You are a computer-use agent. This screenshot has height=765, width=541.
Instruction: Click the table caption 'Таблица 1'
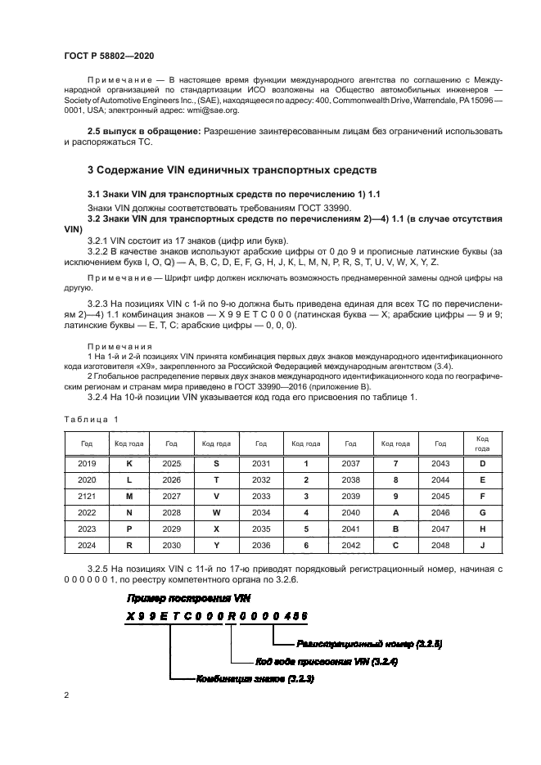coord(91,420)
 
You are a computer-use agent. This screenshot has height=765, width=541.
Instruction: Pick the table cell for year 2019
coord(87,463)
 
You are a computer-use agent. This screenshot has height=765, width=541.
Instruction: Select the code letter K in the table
coord(129,463)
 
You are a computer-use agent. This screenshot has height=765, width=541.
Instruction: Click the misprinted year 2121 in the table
coord(87,496)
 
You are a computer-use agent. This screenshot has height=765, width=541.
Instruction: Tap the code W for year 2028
coord(216,512)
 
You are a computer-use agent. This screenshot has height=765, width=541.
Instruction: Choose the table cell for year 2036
coord(261,545)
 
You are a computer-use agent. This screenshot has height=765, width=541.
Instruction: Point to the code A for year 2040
coord(395,512)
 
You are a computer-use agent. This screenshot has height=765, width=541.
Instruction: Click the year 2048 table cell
coord(440,545)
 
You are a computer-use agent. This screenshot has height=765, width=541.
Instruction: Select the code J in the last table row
coord(483,545)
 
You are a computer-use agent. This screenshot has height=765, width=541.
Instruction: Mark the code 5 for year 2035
coord(306,529)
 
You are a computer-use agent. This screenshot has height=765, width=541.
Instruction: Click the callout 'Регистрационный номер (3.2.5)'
coord(368,644)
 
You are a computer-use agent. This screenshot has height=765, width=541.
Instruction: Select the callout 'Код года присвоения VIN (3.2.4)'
coord(326,661)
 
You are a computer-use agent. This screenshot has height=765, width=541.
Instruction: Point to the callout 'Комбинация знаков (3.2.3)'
coord(255,678)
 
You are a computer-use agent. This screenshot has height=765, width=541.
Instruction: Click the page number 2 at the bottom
coord(66,695)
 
